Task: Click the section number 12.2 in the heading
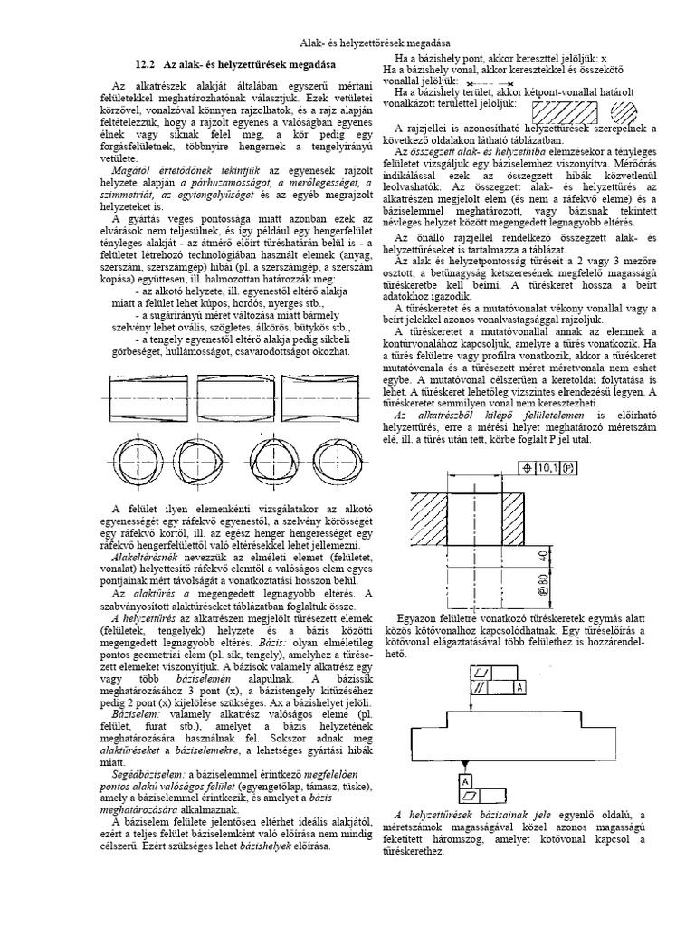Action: tap(146, 64)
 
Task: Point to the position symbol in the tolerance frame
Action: tap(527, 468)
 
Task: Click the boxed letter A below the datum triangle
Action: tap(464, 780)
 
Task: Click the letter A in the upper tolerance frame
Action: tap(519, 688)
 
